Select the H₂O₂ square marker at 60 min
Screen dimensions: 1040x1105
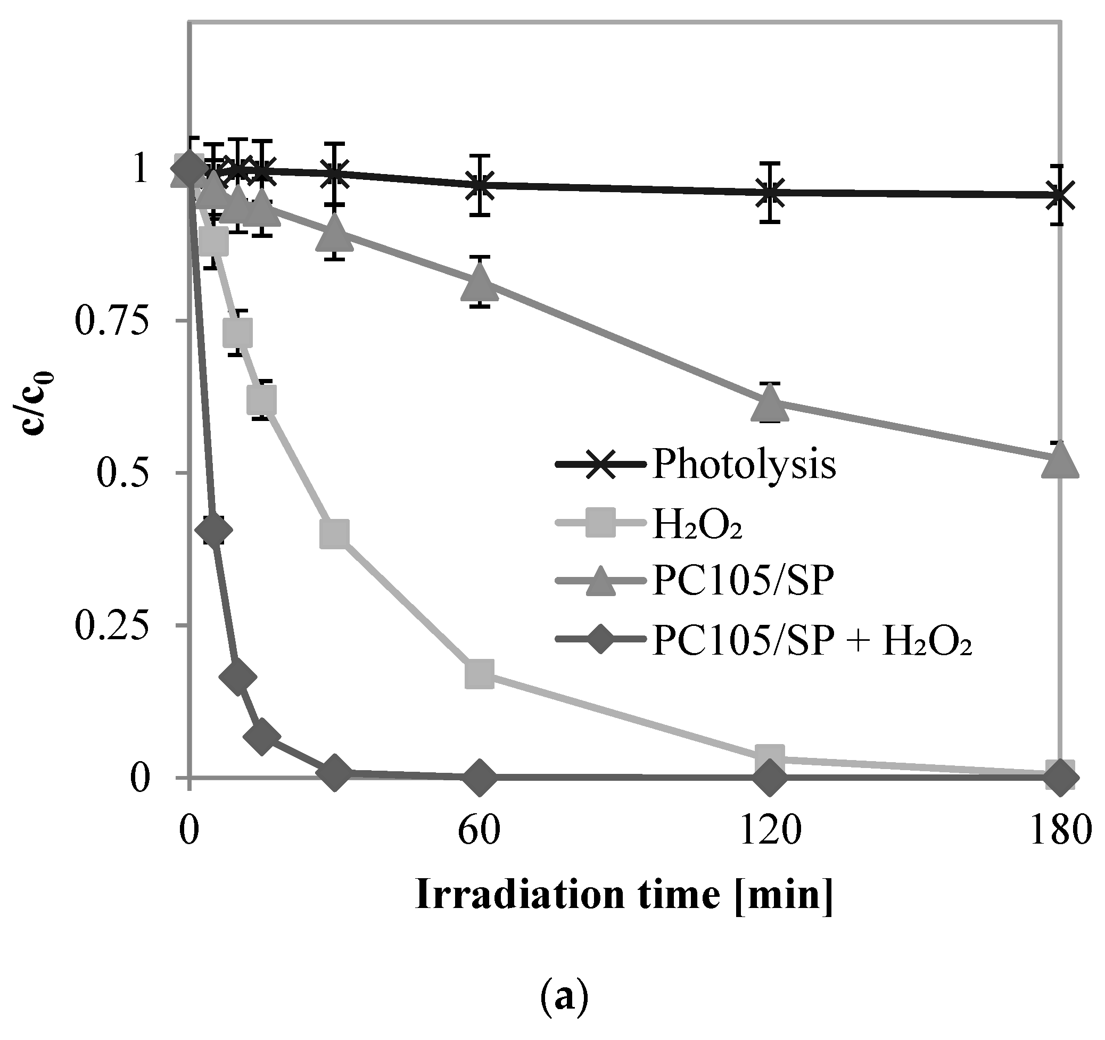(x=480, y=674)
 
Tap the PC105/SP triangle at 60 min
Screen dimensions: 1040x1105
(x=480, y=280)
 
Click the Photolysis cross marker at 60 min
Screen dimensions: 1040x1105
(x=480, y=185)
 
